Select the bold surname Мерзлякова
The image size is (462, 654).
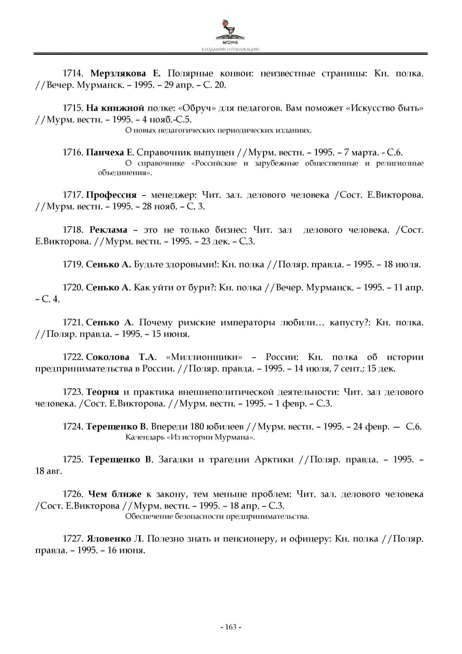pos(118,73)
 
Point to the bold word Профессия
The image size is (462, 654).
pos(111,195)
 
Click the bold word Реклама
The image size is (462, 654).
pos(108,230)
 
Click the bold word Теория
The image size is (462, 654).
pos(102,392)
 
